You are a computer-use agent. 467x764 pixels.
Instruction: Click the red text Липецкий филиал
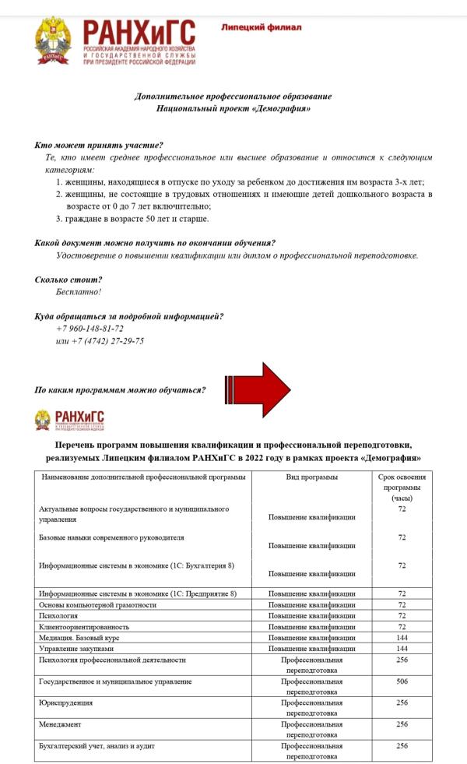click(x=261, y=27)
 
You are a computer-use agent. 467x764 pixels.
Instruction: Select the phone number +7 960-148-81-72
click(x=90, y=329)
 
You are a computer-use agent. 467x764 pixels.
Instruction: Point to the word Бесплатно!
click(x=79, y=292)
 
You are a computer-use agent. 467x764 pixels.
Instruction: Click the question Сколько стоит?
click(x=68, y=280)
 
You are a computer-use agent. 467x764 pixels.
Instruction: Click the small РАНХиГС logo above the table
click(x=69, y=421)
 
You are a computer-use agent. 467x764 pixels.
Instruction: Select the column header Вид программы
click(x=311, y=477)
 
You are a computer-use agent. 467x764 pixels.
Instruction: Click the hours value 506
click(x=402, y=681)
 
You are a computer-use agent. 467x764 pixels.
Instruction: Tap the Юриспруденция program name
click(x=66, y=702)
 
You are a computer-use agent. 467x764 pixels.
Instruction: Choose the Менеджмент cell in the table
click(x=61, y=724)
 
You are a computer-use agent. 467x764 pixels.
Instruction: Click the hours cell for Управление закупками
click(x=402, y=648)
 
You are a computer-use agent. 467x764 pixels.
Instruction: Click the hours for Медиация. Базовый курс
click(x=402, y=637)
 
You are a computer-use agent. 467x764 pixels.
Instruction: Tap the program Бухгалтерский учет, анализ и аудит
click(x=97, y=746)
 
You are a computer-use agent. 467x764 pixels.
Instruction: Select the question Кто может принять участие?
click(x=99, y=146)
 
